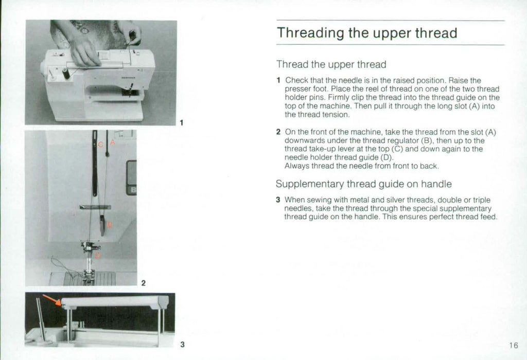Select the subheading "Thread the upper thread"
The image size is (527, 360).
(x=331, y=65)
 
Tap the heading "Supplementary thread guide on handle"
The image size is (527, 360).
(x=363, y=184)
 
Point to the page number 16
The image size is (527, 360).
(x=514, y=345)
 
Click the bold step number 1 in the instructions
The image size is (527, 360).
(x=278, y=80)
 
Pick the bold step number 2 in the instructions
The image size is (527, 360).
(x=278, y=132)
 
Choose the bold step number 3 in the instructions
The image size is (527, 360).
(x=278, y=200)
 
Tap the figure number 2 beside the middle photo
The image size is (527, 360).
(x=143, y=283)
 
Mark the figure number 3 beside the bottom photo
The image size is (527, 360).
(x=182, y=344)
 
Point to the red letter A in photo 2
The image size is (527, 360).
(x=112, y=145)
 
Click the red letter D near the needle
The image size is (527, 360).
(x=98, y=256)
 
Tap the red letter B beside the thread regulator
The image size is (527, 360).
(x=110, y=224)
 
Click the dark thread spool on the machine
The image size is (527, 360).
(x=66, y=74)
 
